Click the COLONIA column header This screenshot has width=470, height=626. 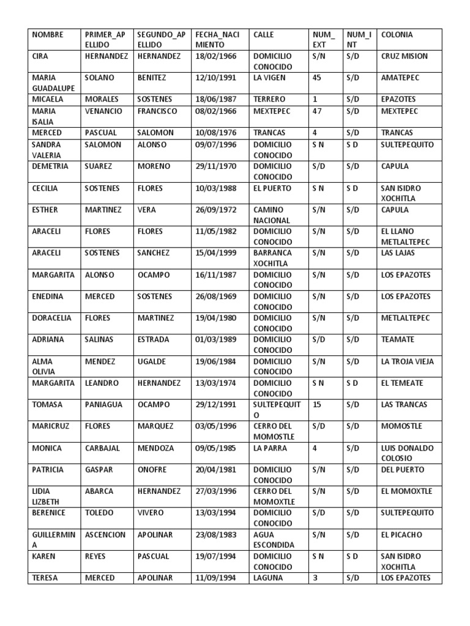coord(397,35)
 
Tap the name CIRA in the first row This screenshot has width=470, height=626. coord(41,56)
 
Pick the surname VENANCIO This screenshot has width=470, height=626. coord(103,111)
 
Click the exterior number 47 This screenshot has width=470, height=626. coord(317,111)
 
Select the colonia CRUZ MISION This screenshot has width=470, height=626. coord(404,56)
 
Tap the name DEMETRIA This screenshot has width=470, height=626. coord(50,166)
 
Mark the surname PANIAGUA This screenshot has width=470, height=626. coord(103,405)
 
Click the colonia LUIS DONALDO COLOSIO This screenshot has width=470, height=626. coord(406,453)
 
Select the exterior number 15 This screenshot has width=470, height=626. coord(317,405)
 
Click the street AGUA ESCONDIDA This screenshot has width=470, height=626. coord(273,539)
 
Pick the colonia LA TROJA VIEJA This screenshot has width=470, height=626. coord(406,361)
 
